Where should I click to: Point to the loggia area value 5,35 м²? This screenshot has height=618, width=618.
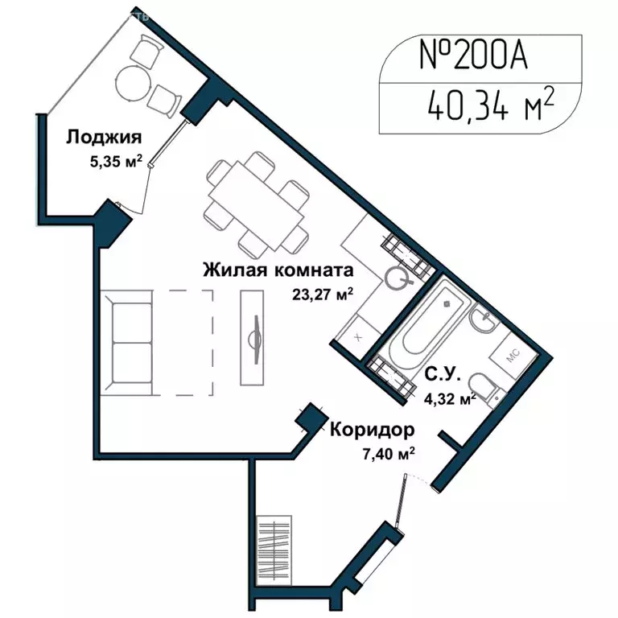[x=116, y=160]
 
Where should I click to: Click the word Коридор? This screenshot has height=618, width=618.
[x=372, y=429]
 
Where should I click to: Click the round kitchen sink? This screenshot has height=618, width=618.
[x=398, y=278]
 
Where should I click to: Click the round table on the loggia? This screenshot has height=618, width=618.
[x=132, y=81]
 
